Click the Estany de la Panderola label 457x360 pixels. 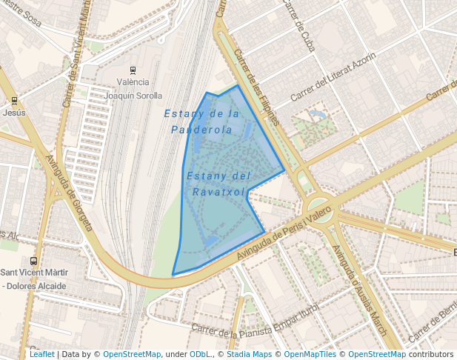pyautogui.click(x=201, y=121)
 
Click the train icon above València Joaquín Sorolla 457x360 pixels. pyautogui.click(x=133, y=70)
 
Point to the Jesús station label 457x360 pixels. pyautogui.click(x=14, y=113)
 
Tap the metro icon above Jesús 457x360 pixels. pyautogui.click(x=14, y=100)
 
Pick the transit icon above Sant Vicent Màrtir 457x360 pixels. pyautogui.click(x=33, y=261)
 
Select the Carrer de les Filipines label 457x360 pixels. pyautogui.click(x=258, y=87)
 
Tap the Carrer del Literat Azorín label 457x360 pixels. pyautogui.click(x=333, y=77)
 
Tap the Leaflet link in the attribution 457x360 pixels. pyautogui.click(x=42, y=354)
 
